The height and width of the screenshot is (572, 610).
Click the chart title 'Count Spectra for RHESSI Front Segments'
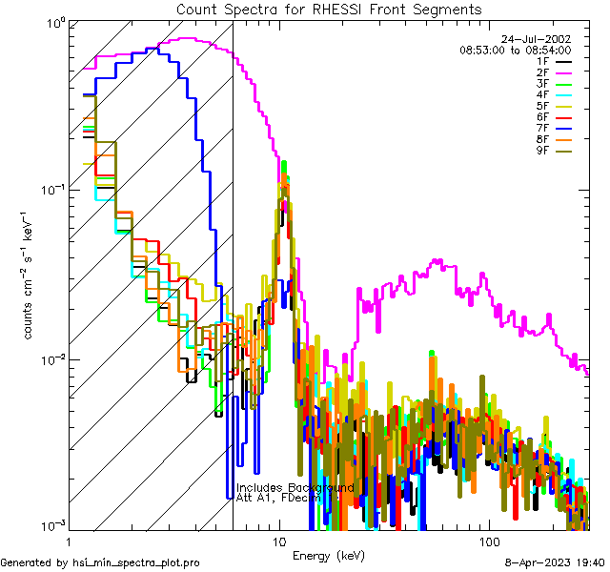point(329,10)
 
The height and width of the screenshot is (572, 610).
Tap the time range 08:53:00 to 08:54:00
point(515,50)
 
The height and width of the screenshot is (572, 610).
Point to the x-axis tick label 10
point(277,541)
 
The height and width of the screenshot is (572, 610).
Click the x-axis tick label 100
point(487,541)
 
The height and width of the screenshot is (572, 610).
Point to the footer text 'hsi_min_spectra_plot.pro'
point(136,563)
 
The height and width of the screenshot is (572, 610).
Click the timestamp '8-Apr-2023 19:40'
point(552,563)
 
